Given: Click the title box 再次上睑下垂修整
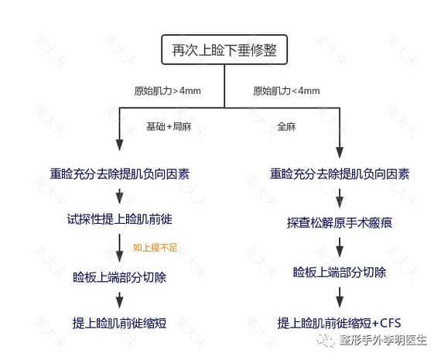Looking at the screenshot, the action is (224, 50).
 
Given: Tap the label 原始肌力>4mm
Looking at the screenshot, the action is (167, 91).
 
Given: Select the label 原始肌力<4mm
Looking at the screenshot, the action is (286, 91).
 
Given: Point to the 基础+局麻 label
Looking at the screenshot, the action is (169, 126).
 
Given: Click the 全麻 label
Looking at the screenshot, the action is (286, 126).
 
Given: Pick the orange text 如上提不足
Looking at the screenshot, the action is (156, 248).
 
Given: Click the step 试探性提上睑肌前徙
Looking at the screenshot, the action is (119, 219).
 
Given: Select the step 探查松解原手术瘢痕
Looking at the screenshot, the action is (340, 223).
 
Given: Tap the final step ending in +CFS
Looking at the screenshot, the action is (339, 323).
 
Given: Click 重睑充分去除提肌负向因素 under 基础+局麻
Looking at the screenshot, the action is (119, 173).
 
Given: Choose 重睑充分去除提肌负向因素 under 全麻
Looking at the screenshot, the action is (340, 173).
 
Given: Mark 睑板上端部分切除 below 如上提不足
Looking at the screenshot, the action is (119, 277).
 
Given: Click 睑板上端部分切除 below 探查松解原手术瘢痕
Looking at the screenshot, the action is (340, 273).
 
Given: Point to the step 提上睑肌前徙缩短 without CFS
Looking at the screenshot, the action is (119, 323).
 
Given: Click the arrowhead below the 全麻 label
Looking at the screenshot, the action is (340, 153).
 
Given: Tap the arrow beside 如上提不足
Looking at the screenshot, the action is (119, 248).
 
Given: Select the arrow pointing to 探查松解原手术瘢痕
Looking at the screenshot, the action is (340, 198).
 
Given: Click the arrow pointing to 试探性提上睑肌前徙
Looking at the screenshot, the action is (119, 196).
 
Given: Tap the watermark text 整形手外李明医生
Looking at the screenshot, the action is (383, 341).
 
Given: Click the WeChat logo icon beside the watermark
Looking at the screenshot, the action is (326, 341).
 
